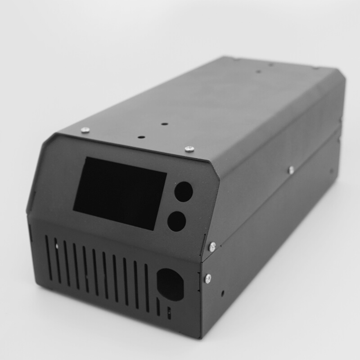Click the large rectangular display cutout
[120, 193]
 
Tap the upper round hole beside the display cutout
[184, 191]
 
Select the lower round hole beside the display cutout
[176, 221]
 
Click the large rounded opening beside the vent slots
[170, 284]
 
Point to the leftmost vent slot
[49, 258]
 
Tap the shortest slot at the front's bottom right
[169, 313]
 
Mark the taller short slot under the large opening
[158, 306]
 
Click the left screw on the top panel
[85, 130]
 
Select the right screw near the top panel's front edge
[189, 148]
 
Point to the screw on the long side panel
[291, 170]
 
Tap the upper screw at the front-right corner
[212, 246]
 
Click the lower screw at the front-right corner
[208, 279]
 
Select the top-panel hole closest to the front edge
[141, 135]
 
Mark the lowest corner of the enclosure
[201, 337]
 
